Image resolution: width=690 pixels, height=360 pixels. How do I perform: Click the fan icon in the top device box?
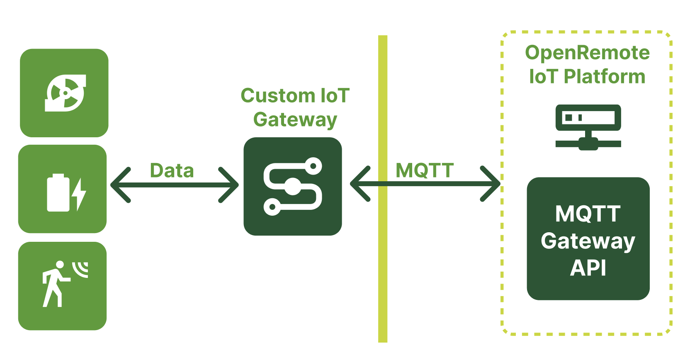point(65,93)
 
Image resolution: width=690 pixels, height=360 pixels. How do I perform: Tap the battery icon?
point(58,193)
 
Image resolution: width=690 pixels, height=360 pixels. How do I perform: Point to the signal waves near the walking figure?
point(81,268)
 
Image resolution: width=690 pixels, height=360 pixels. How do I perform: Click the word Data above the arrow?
point(172,170)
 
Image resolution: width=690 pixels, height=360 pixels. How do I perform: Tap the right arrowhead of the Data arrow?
point(229,185)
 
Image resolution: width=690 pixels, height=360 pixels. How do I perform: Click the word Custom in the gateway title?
point(272,96)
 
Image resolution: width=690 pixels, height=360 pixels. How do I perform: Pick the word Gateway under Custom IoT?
point(295,120)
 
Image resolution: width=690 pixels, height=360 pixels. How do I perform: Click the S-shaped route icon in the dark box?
point(293,186)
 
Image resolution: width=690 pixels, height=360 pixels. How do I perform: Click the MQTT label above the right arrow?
point(425,170)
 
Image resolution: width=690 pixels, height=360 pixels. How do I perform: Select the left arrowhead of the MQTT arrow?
point(360,184)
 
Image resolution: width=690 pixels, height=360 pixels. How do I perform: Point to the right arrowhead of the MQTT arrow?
point(491,184)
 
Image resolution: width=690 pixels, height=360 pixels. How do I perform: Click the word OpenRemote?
point(587,53)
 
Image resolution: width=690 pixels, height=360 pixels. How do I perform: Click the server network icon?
point(588,127)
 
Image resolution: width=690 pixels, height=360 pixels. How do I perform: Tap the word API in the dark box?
point(588,268)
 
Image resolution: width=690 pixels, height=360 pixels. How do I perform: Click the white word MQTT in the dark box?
point(588,214)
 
